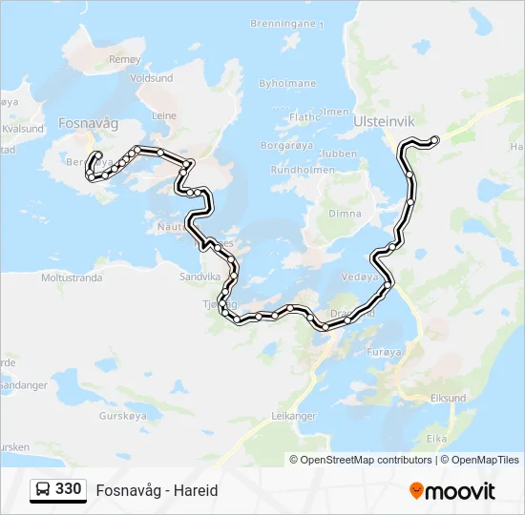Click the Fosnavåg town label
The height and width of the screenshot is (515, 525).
[x=88, y=123]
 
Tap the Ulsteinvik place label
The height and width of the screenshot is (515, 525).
[x=384, y=123]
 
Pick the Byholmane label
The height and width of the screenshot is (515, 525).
[x=287, y=84]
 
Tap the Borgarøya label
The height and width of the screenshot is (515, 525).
[x=287, y=147]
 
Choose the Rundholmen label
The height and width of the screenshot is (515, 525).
[x=303, y=170]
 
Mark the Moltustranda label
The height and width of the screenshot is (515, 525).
[x=72, y=278]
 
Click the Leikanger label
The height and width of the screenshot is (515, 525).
[x=293, y=416]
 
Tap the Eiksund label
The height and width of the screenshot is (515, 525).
[x=448, y=398]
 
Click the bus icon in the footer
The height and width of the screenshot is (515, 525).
[x=43, y=490]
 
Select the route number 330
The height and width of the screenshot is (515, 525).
[x=69, y=489]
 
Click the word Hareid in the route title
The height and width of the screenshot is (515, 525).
[x=198, y=490]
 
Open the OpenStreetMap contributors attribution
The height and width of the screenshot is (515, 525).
[x=366, y=460]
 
